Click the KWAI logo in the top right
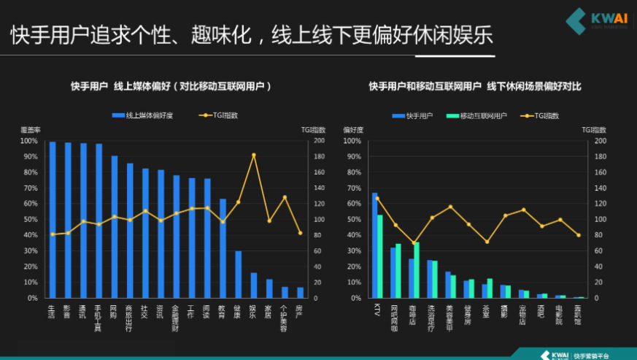591,21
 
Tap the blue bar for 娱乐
254,286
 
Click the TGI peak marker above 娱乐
254,155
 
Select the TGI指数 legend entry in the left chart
219,115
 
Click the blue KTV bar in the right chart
374,245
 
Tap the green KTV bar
380,256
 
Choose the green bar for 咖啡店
417,270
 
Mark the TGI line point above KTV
377,198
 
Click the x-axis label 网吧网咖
395,317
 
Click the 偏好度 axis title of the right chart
353,130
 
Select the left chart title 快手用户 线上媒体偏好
171,86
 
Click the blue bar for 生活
52,220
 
